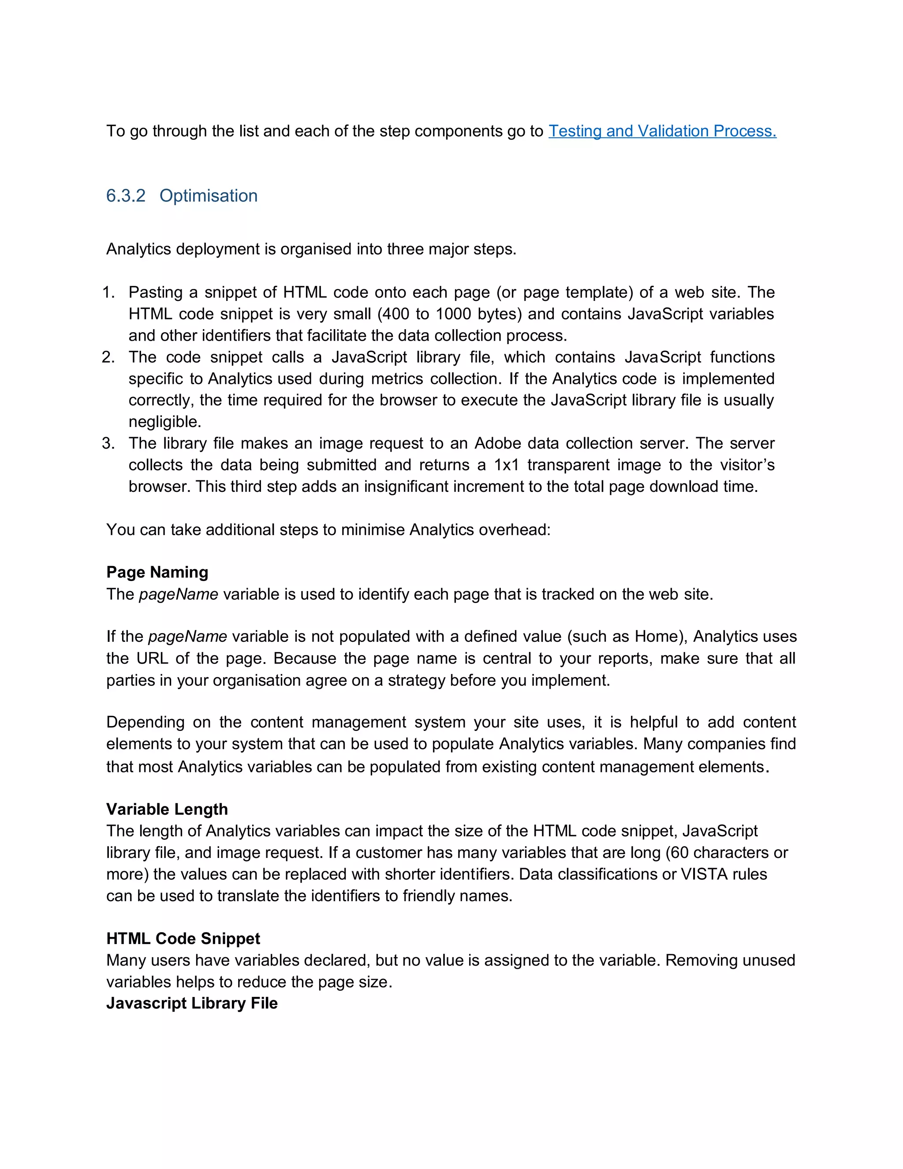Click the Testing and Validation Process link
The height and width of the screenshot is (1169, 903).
click(x=662, y=131)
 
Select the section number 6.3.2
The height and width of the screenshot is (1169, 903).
click(x=126, y=196)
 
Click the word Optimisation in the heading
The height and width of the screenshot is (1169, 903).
click(x=208, y=196)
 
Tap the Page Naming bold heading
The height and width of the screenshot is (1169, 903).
click(x=157, y=572)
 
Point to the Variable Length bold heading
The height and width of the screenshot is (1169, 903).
click(x=167, y=809)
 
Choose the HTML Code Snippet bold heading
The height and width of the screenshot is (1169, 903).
click(x=183, y=938)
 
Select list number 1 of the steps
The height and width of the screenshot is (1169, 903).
click(x=108, y=292)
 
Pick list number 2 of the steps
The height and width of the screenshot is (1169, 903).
click(x=108, y=357)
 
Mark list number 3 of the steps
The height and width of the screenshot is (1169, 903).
click(x=108, y=443)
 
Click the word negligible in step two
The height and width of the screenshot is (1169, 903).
click(x=164, y=422)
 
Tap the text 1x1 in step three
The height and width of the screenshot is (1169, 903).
click(x=506, y=465)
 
